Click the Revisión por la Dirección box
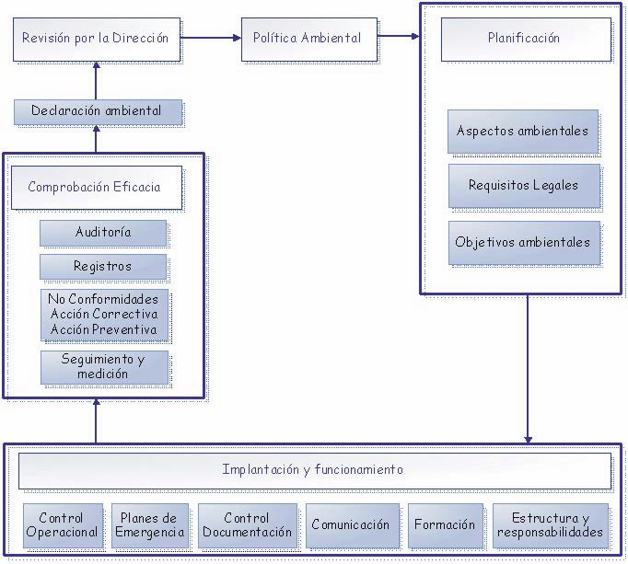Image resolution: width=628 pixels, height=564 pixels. (x=97, y=39)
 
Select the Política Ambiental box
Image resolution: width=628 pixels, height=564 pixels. (x=308, y=39)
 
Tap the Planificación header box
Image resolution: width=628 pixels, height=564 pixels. (x=524, y=39)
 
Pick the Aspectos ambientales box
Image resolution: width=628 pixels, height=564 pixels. (x=523, y=132)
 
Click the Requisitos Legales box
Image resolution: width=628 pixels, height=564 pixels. (x=523, y=186)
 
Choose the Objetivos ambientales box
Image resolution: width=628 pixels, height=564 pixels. (x=523, y=243)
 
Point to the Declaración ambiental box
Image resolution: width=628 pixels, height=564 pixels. (x=97, y=111)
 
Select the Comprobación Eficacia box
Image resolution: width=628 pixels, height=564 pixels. (x=95, y=188)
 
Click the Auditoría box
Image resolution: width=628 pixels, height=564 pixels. (x=103, y=233)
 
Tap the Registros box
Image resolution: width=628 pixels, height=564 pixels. (x=103, y=267)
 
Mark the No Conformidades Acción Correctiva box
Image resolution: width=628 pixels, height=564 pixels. (x=104, y=315)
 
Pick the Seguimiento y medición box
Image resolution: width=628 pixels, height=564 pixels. (x=104, y=367)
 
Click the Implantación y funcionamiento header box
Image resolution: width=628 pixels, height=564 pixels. (x=314, y=470)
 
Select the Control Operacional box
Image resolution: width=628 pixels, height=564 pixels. (x=63, y=525)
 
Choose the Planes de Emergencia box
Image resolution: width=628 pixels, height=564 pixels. (x=150, y=525)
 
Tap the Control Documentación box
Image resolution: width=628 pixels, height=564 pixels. (x=248, y=525)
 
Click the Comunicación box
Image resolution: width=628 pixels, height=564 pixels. (x=352, y=525)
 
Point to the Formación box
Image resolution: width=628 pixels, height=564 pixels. (x=446, y=525)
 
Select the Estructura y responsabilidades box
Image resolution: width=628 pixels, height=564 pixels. (x=551, y=525)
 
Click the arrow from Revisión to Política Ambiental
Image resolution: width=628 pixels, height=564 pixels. (x=211, y=38)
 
